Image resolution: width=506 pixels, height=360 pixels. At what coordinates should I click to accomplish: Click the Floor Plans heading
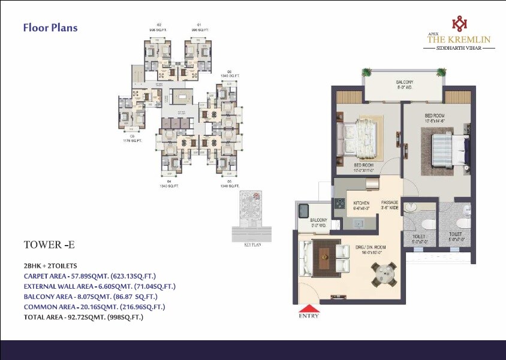pyautogui.click(x=50, y=28)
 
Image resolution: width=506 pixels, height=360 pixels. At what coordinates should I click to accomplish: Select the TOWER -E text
pyautogui.click(x=49, y=244)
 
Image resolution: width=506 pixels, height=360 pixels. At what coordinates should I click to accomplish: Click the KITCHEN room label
pyautogui.click(x=361, y=203)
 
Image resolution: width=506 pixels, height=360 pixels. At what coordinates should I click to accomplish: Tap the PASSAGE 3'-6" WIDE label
pyautogui.click(x=390, y=205)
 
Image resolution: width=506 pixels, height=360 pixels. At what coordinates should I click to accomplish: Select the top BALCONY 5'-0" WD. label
pyautogui.click(x=404, y=84)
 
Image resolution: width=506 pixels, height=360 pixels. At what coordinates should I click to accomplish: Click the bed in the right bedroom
pyautogui.click(x=448, y=146)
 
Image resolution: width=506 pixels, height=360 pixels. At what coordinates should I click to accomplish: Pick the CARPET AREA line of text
pyautogui.click(x=89, y=276)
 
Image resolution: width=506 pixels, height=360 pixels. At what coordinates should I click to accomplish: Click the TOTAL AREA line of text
pyautogui.click(x=83, y=317)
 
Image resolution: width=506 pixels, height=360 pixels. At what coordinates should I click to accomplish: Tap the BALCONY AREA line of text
pyautogui.click(x=91, y=297)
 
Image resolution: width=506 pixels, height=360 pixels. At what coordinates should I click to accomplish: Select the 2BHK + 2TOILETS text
pyautogui.click(x=50, y=265)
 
